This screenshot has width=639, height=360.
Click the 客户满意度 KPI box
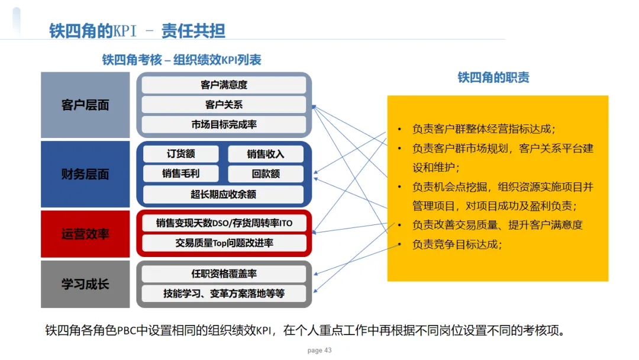[224, 85]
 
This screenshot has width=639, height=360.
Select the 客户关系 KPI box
[224, 105]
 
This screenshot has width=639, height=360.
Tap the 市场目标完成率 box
[224, 124]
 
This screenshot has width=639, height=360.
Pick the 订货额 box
[180, 154]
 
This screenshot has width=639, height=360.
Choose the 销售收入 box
[266, 154]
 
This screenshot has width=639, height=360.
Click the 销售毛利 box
[180, 174]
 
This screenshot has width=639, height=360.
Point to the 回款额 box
[266, 174]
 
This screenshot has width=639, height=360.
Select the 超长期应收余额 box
[224, 194]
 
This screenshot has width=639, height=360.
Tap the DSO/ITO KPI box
[224, 223]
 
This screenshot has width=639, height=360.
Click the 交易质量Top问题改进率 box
[224, 243]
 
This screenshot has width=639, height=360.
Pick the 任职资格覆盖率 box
[224, 274]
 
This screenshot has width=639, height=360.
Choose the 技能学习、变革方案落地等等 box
[224, 293]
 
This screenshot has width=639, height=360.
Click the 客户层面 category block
[85, 105]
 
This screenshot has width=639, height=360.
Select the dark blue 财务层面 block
[85, 174]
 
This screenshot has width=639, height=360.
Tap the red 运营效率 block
[85, 234]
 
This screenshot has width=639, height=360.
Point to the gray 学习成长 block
[85, 284]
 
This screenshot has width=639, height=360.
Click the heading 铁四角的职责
[493, 78]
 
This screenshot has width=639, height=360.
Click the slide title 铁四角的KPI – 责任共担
[137, 31]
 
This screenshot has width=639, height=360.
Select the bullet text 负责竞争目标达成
[457, 244]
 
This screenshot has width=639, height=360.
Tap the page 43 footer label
[319, 351]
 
